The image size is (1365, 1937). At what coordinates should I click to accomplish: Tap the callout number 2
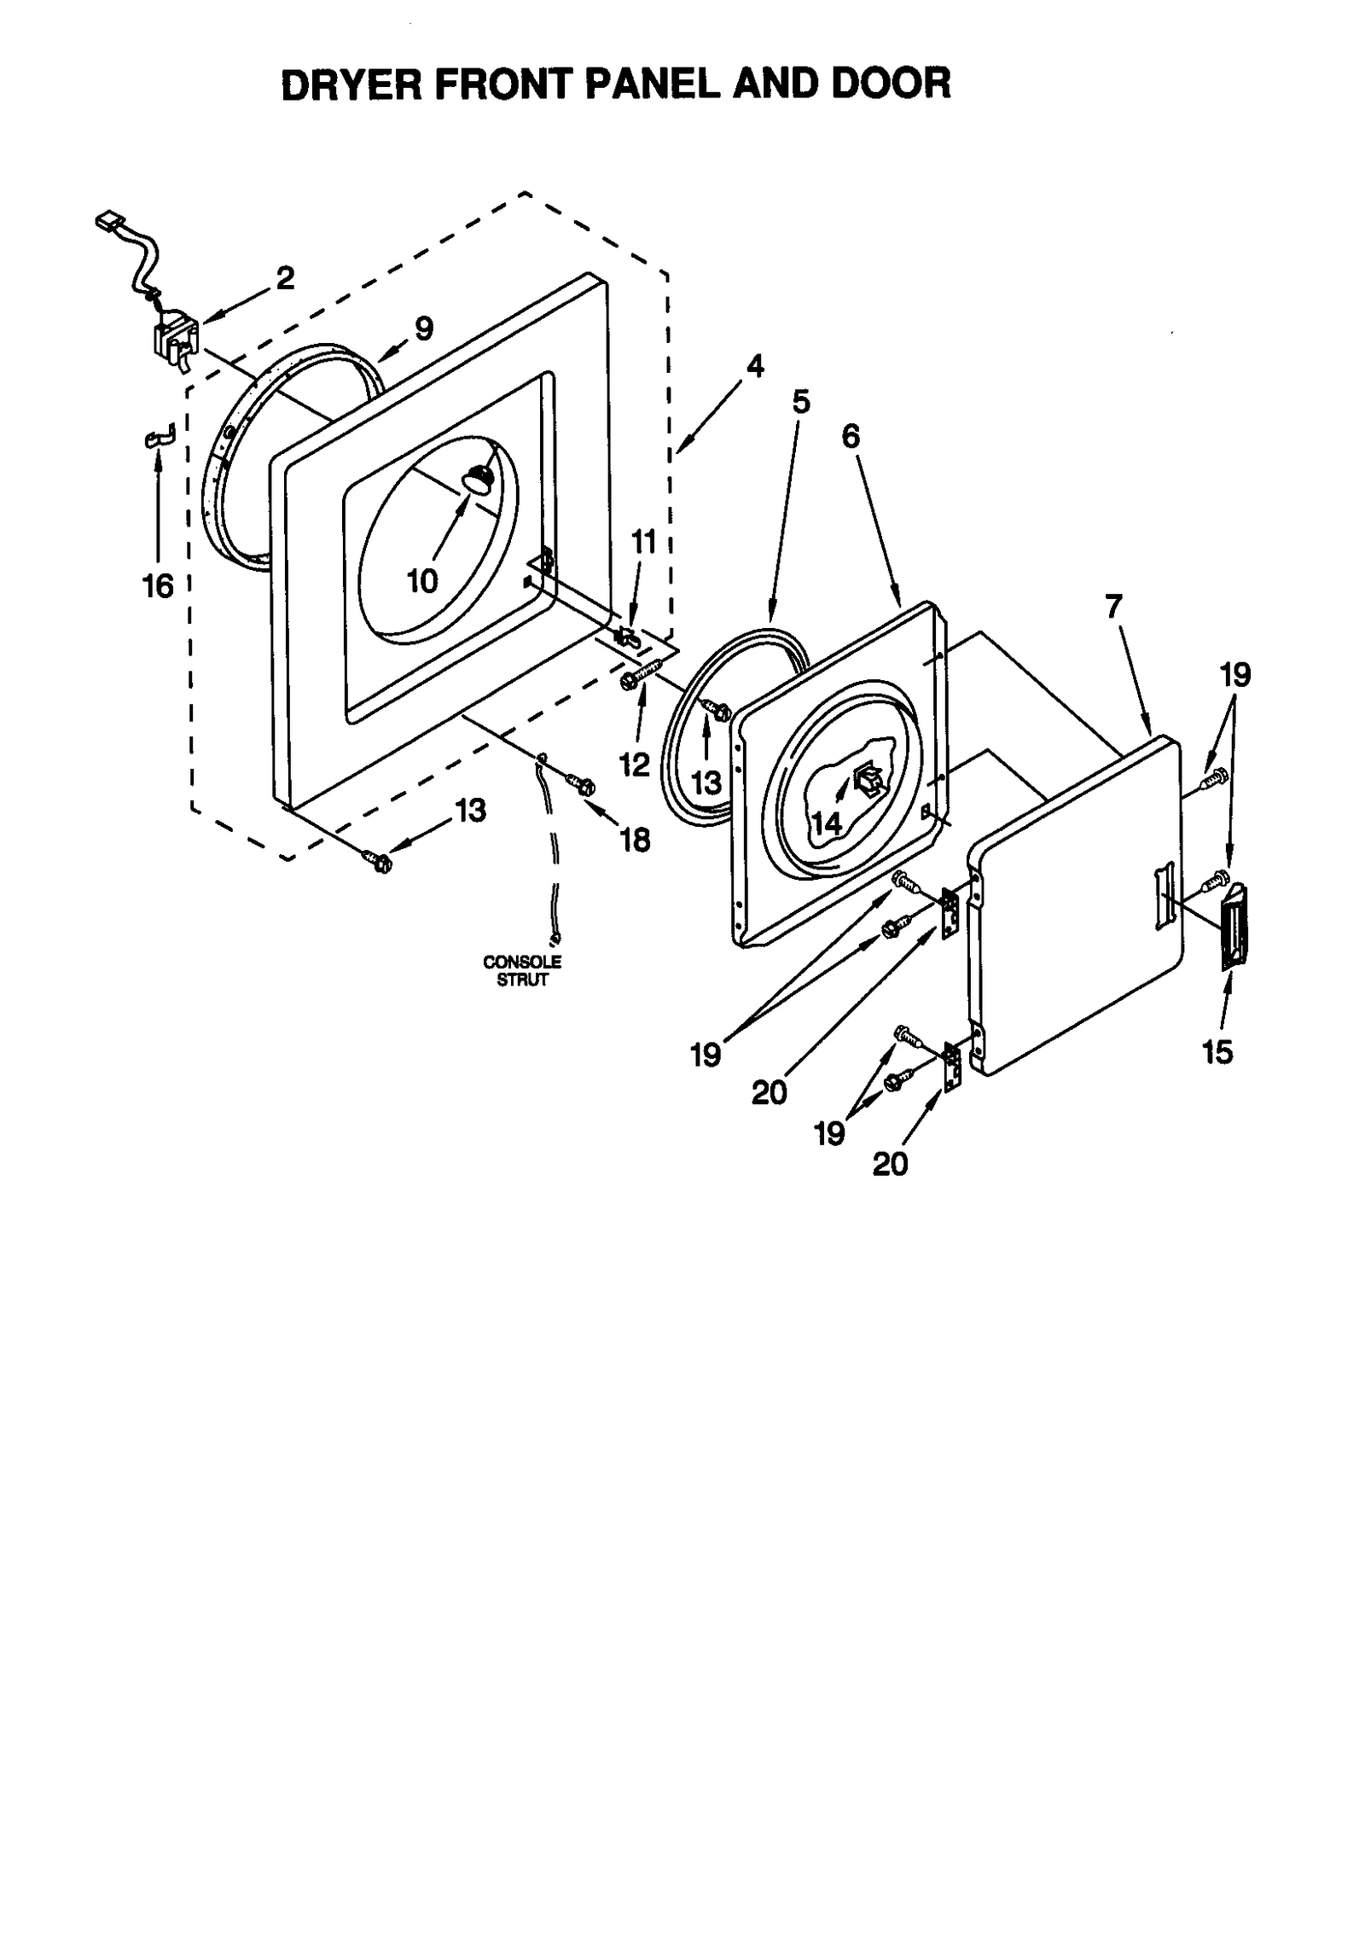click(285, 277)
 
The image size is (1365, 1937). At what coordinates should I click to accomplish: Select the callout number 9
click(424, 328)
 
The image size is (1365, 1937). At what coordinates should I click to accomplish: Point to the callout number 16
click(158, 586)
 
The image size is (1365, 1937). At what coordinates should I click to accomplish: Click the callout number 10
click(422, 582)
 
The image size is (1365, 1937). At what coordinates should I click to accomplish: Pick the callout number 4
click(754, 367)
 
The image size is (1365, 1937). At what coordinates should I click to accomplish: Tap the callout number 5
click(800, 401)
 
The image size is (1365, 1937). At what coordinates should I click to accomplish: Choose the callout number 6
click(851, 436)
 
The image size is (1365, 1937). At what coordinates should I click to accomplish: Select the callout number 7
click(1113, 607)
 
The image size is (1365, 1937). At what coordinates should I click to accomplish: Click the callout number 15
click(1217, 1052)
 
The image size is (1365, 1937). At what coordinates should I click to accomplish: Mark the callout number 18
click(636, 840)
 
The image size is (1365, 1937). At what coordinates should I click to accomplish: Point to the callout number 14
click(827, 823)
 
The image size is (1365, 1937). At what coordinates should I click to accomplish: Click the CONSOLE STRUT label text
click(522, 970)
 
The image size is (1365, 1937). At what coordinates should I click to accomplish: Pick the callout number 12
click(634, 765)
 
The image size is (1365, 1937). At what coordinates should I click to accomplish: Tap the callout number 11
click(643, 542)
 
